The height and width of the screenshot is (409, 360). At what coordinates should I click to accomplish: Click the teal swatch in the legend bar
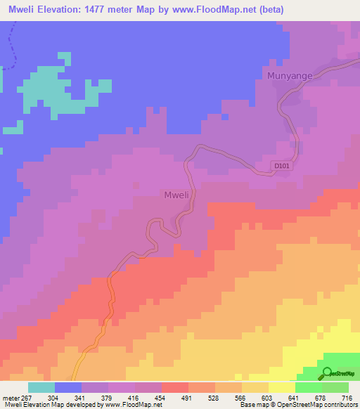41,387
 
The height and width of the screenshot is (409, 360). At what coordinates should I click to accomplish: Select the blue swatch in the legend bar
68,387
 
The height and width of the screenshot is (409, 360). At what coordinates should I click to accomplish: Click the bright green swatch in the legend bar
309,387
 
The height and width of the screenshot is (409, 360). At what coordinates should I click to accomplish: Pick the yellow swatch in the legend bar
282,387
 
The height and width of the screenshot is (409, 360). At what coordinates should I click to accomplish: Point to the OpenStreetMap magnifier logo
327,373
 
